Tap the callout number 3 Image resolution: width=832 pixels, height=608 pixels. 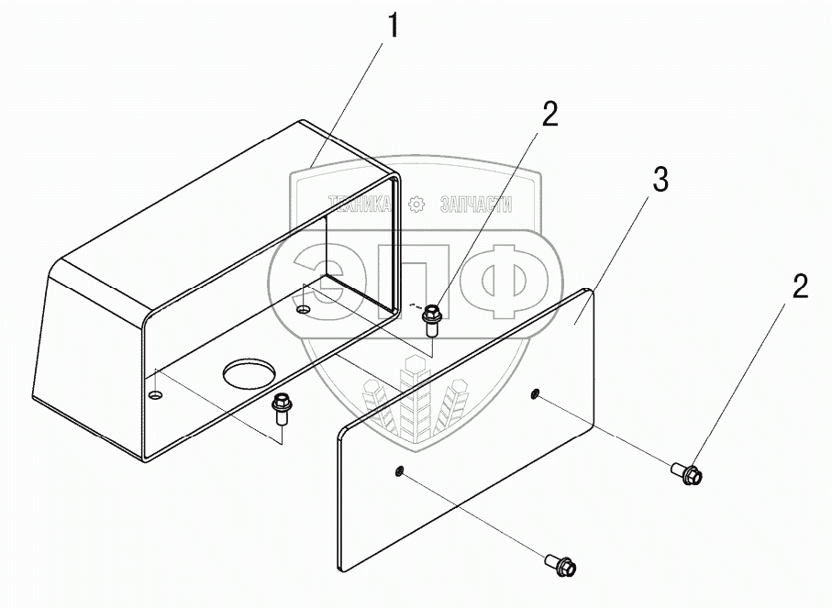pyautogui.click(x=660, y=181)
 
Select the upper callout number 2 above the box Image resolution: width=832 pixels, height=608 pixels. pyautogui.click(x=549, y=114)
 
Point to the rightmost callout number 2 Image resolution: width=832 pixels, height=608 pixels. pyautogui.click(x=800, y=287)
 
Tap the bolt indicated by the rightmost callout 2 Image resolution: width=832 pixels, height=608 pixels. pyautogui.click(x=691, y=473)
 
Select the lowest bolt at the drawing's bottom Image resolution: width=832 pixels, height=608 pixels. pyautogui.click(x=560, y=565)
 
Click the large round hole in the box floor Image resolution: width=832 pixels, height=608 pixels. pyautogui.click(x=250, y=374)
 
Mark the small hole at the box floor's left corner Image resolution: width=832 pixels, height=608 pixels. pyautogui.click(x=155, y=394)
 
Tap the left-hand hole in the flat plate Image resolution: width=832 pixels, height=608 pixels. pyautogui.click(x=400, y=471)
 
